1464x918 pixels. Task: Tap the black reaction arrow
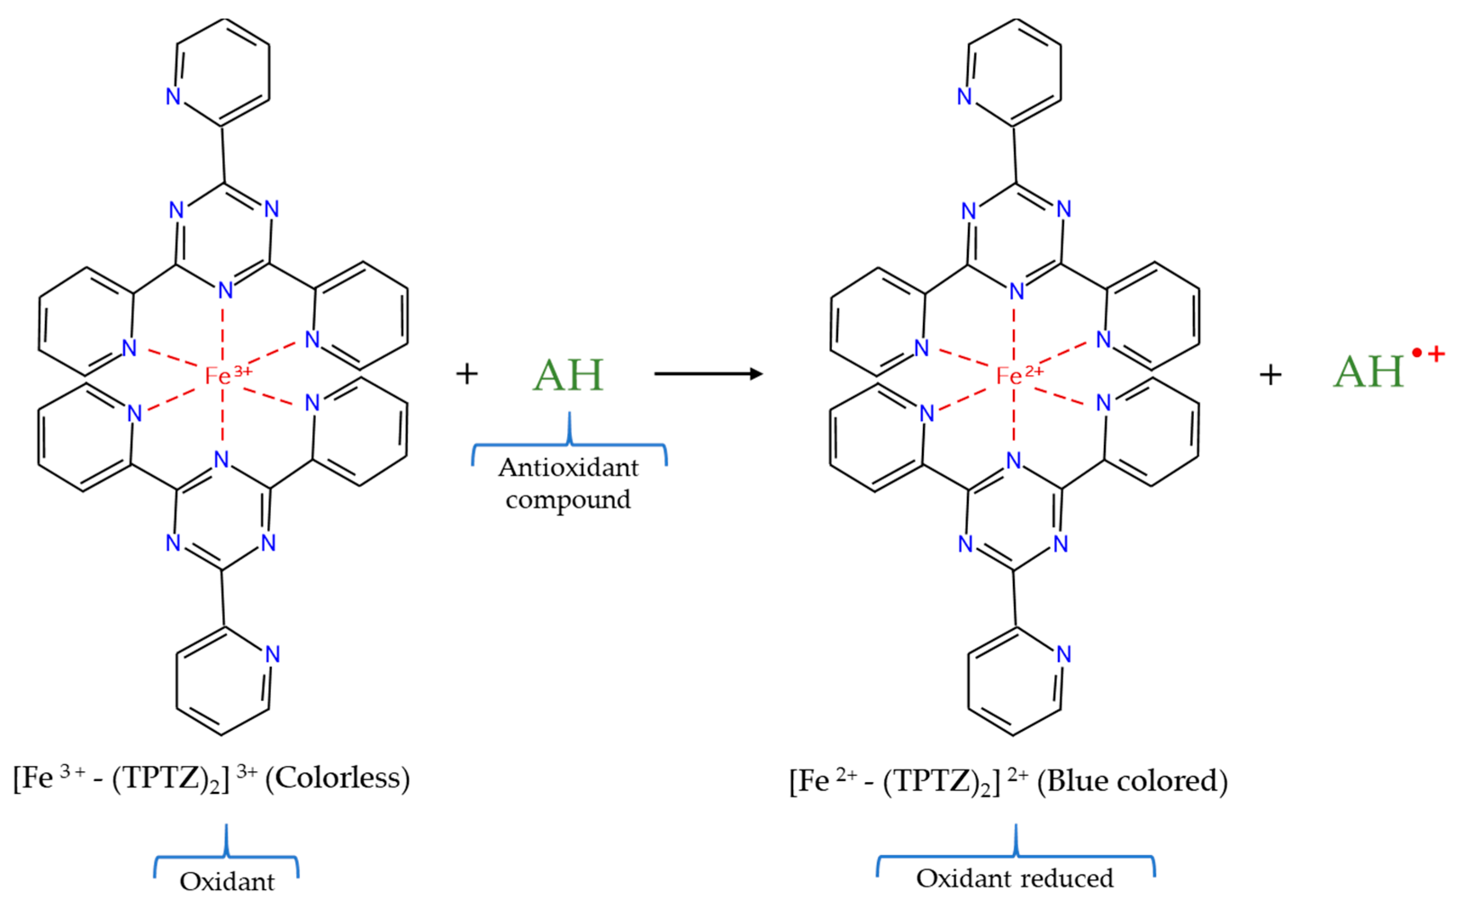pos(707,373)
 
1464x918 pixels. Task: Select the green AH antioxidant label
pos(568,375)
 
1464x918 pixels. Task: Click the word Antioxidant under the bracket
pos(568,468)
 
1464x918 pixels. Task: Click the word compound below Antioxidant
pos(568,499)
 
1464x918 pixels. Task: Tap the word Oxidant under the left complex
pos(227,882)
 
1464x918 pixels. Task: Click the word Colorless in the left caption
pos(338,778)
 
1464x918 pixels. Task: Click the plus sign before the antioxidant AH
pos(466,374)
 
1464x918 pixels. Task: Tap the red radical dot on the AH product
pos(1417,353)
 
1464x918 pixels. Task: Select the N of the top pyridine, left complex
pos(174,96)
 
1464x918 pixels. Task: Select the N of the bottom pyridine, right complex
pos(1063,654)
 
